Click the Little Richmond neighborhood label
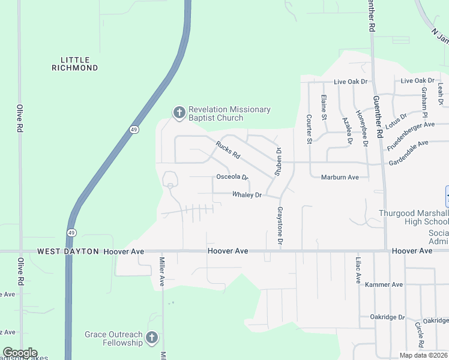[x=79, y=64]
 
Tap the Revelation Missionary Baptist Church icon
[x=178, y=112]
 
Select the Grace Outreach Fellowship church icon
[x=152, y=338]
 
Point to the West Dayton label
[x=68, y=251]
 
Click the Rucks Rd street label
[x=228, y=150]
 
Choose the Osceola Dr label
[x=232, y=177]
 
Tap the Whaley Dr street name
[x=247, y=195]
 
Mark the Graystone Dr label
[x=280, y=226]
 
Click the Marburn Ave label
[x=340, y=177]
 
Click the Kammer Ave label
[x=384, y=284]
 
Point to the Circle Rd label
[x=418, y=335]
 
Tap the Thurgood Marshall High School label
[x=413, y=218]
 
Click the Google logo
[x=20, y=353]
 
